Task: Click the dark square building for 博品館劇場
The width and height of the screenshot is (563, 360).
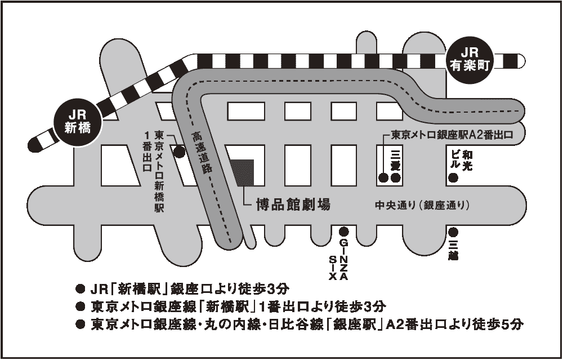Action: [x=242, y=172]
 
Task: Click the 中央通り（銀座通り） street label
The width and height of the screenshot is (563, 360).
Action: [x=422, y=205]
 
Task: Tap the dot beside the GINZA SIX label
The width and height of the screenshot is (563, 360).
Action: [x=344, y=232]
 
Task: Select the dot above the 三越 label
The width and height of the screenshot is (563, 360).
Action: [x=453, y=232]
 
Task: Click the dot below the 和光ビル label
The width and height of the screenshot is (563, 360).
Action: [x=453, y=178]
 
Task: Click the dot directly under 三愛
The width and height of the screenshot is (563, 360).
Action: [x=396, y=178]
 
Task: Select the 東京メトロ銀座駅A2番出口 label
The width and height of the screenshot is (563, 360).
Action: [x=453, y=135]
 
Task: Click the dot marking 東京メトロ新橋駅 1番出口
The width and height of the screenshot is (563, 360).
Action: [x=180, y=151]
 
